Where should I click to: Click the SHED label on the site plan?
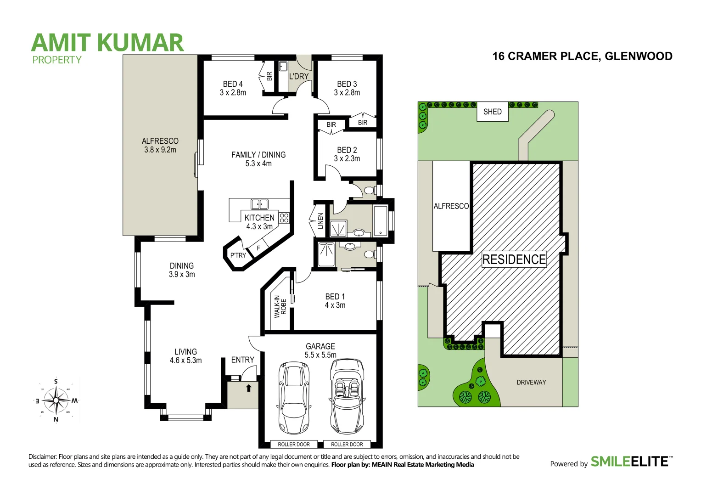[492, 112]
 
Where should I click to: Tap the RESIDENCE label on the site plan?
[514, 259]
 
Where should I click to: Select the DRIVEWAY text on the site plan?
[531, 382]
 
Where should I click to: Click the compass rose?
[56, 400]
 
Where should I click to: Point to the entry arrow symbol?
[248, 388]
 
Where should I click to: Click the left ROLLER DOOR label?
[294, 444]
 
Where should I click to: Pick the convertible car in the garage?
[347, 396]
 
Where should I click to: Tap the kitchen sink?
[259, 204]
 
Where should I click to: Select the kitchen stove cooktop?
[284, 218]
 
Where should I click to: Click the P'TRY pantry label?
[238, 255]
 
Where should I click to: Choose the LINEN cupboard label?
[320, 221]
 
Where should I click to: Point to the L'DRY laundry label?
[298, 76]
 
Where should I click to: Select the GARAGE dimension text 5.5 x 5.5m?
[320, 355]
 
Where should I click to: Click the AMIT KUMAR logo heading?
[107, 43]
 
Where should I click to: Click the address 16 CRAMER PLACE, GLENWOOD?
[582, 56]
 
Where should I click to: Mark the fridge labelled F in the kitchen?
[258, 248]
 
